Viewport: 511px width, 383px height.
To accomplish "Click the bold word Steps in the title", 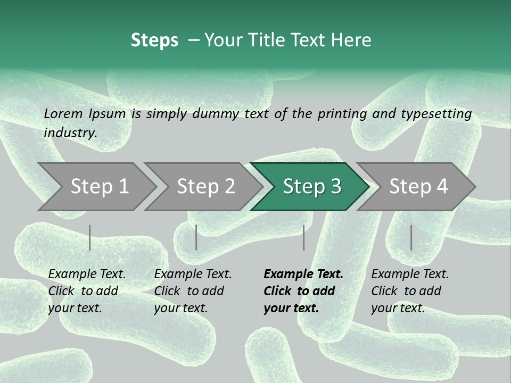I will click(x=154, y=40).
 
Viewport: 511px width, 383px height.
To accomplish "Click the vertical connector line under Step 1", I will click(x=90, y=237).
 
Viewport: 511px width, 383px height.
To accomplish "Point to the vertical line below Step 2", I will click(x=196, y=237).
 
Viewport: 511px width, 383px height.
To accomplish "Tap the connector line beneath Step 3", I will click(x=304, y=237).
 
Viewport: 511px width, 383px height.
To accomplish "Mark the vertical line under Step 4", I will click(x=411, y=237).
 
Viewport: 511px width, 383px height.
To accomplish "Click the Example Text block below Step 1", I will click(x=87, y=291).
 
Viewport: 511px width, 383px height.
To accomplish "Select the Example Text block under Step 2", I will click(x=193, y=291).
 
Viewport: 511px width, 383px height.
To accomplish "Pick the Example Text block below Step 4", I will click(x=410, y=291).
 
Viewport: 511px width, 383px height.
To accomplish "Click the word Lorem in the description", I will click(x=63, y=114).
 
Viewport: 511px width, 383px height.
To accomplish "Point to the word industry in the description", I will click(x=70, y=133).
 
